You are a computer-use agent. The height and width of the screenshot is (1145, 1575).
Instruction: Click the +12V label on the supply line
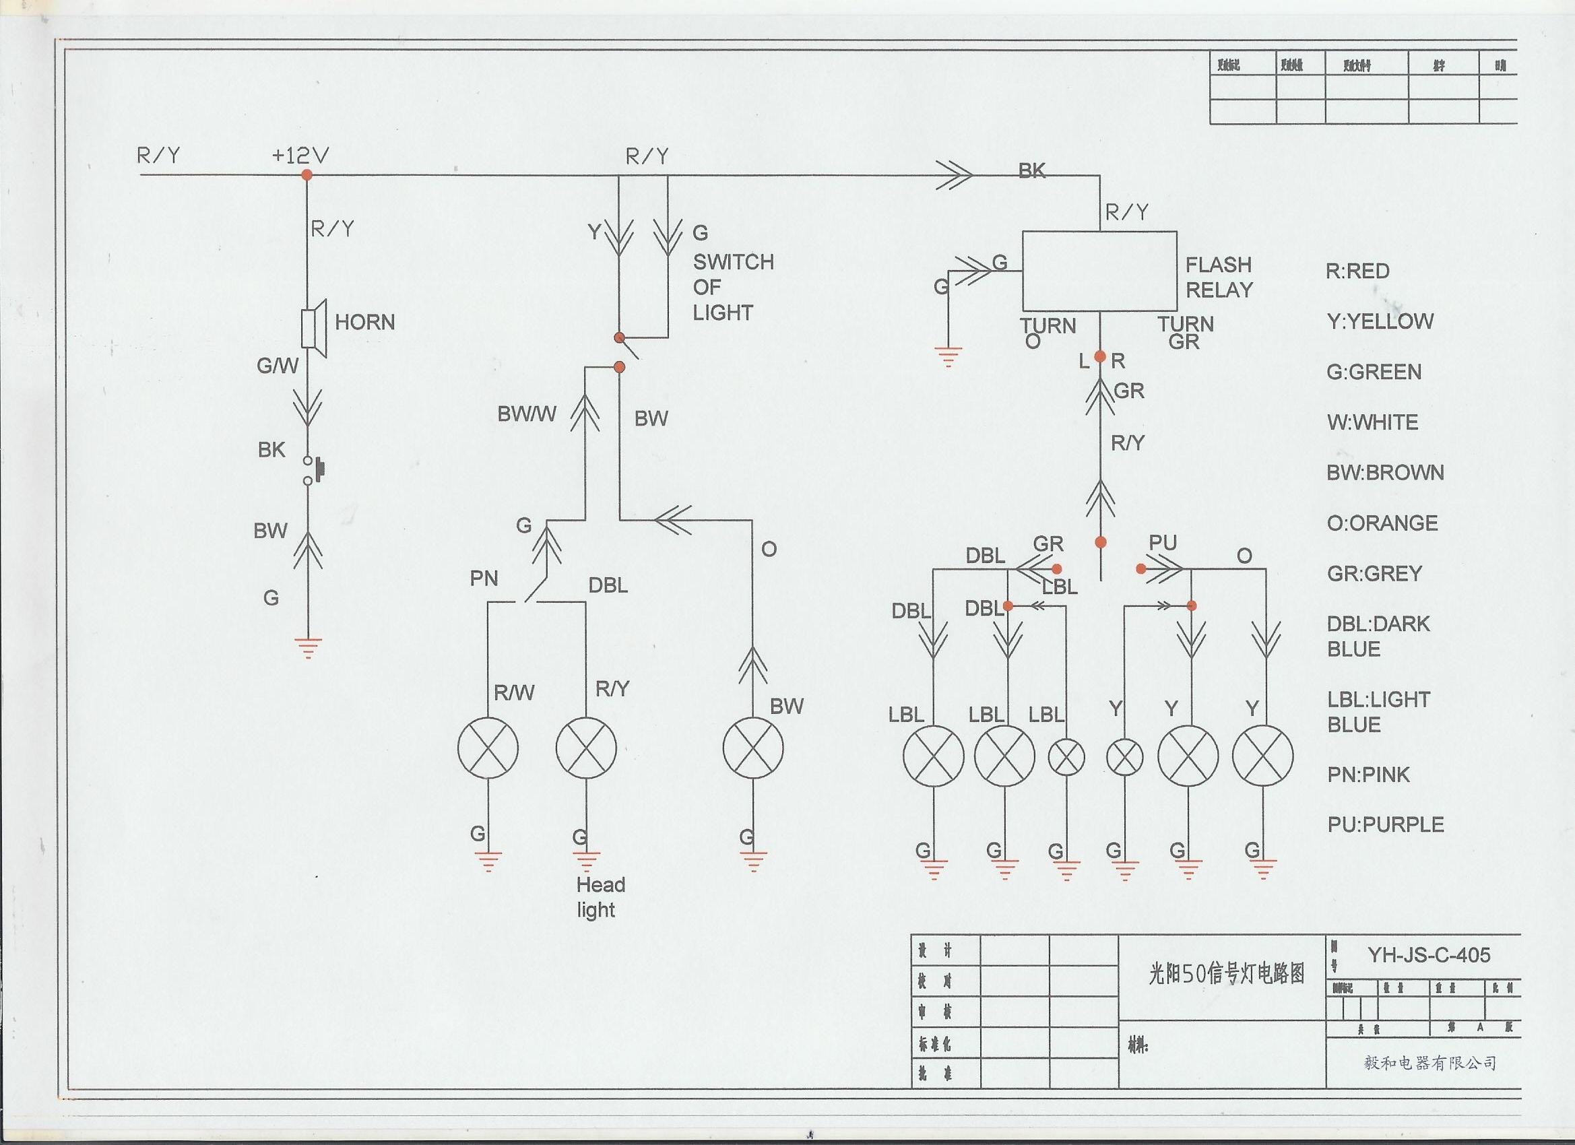point(300,155)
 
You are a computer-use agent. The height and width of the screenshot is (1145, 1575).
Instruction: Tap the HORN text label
point(364,322)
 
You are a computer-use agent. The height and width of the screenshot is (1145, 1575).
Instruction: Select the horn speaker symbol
point(314,329)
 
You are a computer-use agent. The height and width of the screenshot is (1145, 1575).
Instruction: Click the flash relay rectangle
point(1099,271)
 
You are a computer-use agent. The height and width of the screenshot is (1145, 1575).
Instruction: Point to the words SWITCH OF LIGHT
point(733,287)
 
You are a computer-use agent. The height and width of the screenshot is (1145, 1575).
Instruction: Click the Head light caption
point(600,896)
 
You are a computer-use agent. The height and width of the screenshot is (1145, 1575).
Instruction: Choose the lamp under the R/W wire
point(488,748)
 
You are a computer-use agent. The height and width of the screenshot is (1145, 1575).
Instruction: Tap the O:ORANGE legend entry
point(1382,523)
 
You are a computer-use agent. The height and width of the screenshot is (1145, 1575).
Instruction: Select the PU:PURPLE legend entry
point(1386,824)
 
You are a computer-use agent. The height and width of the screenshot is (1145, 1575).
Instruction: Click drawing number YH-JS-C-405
point(1429,956)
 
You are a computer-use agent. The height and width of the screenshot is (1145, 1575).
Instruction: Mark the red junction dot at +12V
point(307,175)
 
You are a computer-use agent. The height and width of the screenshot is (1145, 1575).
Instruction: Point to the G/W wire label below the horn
point(277,365)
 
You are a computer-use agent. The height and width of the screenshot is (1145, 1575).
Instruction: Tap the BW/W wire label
point(526,414)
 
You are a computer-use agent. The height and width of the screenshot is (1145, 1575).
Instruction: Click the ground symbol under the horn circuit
point(308,647)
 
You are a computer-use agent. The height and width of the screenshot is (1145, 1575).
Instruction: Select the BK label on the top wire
point(1031,171)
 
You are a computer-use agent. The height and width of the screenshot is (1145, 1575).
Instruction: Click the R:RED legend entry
point(1357,271)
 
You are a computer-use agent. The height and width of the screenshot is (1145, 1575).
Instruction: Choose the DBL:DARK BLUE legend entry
point(1378,636)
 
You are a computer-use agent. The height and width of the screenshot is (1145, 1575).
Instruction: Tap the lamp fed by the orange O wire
point(752,748)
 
